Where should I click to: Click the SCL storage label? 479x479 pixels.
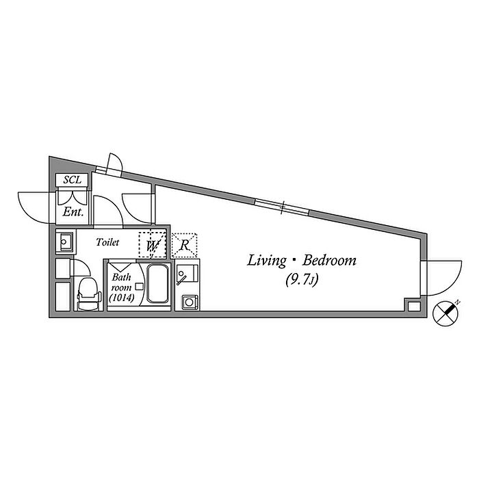(73, 180)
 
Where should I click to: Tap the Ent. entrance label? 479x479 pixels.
(73, 212)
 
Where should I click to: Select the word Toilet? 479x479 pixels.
(107, 242)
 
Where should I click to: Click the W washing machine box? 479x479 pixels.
(152, 245)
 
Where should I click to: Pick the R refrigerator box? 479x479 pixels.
(184, 245)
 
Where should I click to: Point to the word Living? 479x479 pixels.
(267, 261)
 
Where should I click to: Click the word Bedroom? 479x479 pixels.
(329, 261)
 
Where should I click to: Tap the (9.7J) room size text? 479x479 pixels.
(302, 279)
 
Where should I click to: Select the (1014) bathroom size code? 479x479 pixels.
(122, 298)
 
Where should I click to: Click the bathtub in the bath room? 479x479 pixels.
(157, 284)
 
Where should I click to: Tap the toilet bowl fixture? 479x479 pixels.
(89, 294)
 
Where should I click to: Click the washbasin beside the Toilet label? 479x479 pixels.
(64, 242)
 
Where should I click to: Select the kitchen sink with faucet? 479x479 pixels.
(187, 274)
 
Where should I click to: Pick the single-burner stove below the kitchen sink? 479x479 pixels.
(190, 302)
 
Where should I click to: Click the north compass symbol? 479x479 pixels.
(446, 313)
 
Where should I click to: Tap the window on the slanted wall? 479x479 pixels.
(282, 207)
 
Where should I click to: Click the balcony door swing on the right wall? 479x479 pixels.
(442, 278)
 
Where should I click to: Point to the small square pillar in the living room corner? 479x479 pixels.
(414, 306)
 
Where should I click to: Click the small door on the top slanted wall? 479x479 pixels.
(114, 164)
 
